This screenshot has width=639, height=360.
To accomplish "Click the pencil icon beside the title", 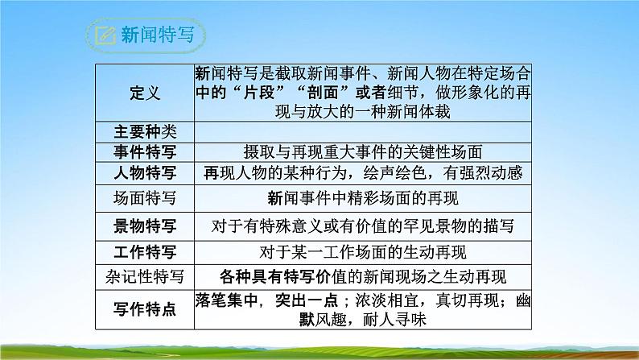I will [x=105, y=35].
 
